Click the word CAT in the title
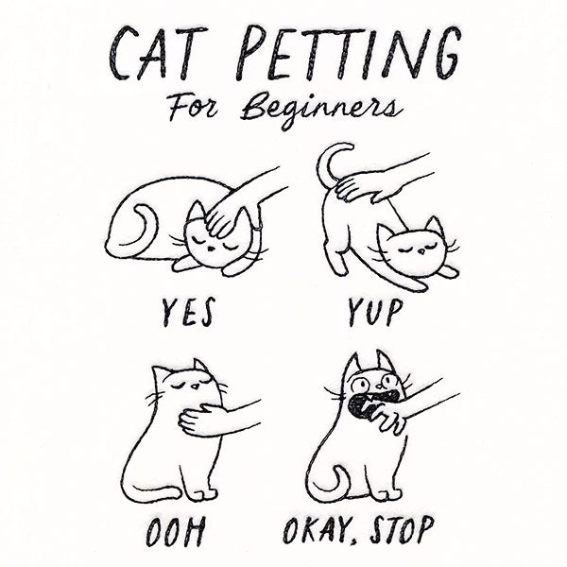pos(159,54)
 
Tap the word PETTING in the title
pos(347,54)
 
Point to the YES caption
pos(188,311)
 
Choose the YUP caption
pos(375,312)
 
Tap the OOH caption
pos(176,531)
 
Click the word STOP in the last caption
pos(397,529)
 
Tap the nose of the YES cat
pos(211,249)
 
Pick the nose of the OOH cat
pos(196,387)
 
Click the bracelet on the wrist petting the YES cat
pos(257,229)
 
